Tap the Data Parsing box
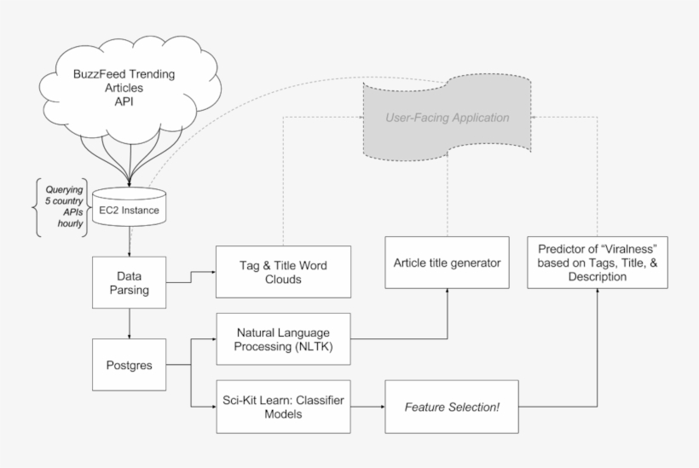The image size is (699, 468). tap(128, 282)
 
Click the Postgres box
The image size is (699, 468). tap(128, 365)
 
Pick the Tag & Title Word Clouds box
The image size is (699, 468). tap(283, 272)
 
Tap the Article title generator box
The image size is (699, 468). tap(446, 262)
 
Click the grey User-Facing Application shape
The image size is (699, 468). tap(447, 118)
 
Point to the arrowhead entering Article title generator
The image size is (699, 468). tap(446, 292)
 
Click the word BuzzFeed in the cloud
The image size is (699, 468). tap(102, 74)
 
